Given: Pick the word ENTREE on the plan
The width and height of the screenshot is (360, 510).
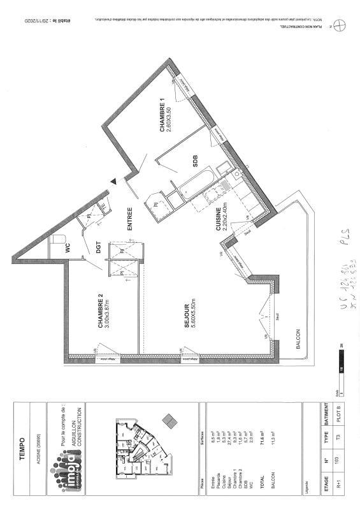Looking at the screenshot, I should [129, 217].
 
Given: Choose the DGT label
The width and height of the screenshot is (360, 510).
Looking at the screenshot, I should [99, 246].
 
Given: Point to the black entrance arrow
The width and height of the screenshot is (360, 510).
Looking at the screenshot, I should [113, 182].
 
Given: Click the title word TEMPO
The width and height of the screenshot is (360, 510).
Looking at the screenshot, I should [22, 445].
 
